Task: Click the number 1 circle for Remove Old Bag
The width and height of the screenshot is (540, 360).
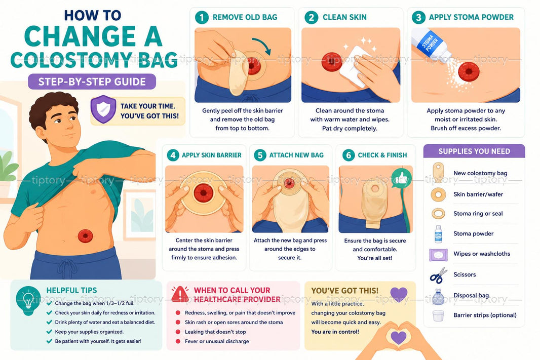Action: click(x=202, y=17)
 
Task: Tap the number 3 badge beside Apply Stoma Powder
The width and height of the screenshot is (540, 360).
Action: click(x=418, y=17)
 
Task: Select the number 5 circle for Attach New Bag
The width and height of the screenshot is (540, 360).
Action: click(x=260, y=155)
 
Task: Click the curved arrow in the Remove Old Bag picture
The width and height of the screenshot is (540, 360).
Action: click(x=262, y=45)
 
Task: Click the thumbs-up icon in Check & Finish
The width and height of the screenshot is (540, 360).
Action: click(x=402, y=178)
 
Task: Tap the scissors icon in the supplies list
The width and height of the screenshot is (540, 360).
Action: click(x=438, y=275)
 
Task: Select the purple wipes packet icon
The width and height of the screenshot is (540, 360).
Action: click(x=438, y=255)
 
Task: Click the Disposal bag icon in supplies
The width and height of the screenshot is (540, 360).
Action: click(x=438, y=297)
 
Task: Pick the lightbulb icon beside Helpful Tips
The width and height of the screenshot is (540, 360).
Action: click(x=28, y=300)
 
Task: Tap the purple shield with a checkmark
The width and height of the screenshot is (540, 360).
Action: click(x=103, y=109)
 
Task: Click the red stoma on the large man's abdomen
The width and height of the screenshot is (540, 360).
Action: click(x=85, y=236)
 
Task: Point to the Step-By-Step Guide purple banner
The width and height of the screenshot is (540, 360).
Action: click(x=92, y=82)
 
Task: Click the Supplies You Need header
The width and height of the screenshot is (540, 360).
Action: click(x=474, y=151)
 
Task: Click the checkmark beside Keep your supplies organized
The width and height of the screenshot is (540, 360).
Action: click(x=49, y=332)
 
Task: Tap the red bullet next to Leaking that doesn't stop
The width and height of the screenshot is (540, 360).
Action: click(x=178, y=332)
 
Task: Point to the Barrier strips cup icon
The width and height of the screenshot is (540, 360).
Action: click(x=438, y=315)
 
